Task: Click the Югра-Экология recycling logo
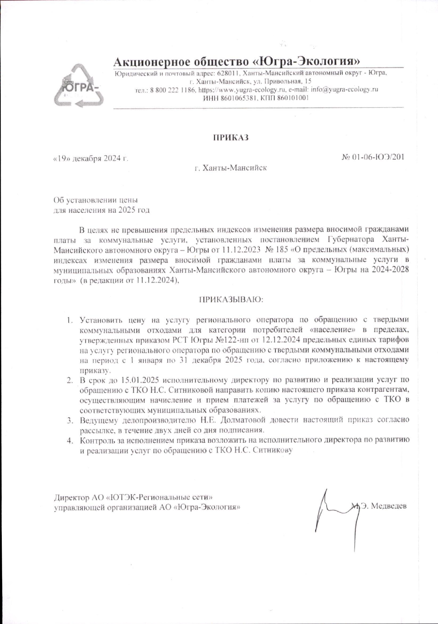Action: pos(79,86)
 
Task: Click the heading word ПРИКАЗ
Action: pos(230,137)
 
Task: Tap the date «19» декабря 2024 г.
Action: pos(90,158)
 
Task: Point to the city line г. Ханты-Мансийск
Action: pos(231,168)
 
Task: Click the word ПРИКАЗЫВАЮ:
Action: pos(230,299)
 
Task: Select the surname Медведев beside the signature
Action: pos(389,506)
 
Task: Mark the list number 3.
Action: pos(70,421)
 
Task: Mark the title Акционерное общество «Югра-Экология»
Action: pos(237,62)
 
